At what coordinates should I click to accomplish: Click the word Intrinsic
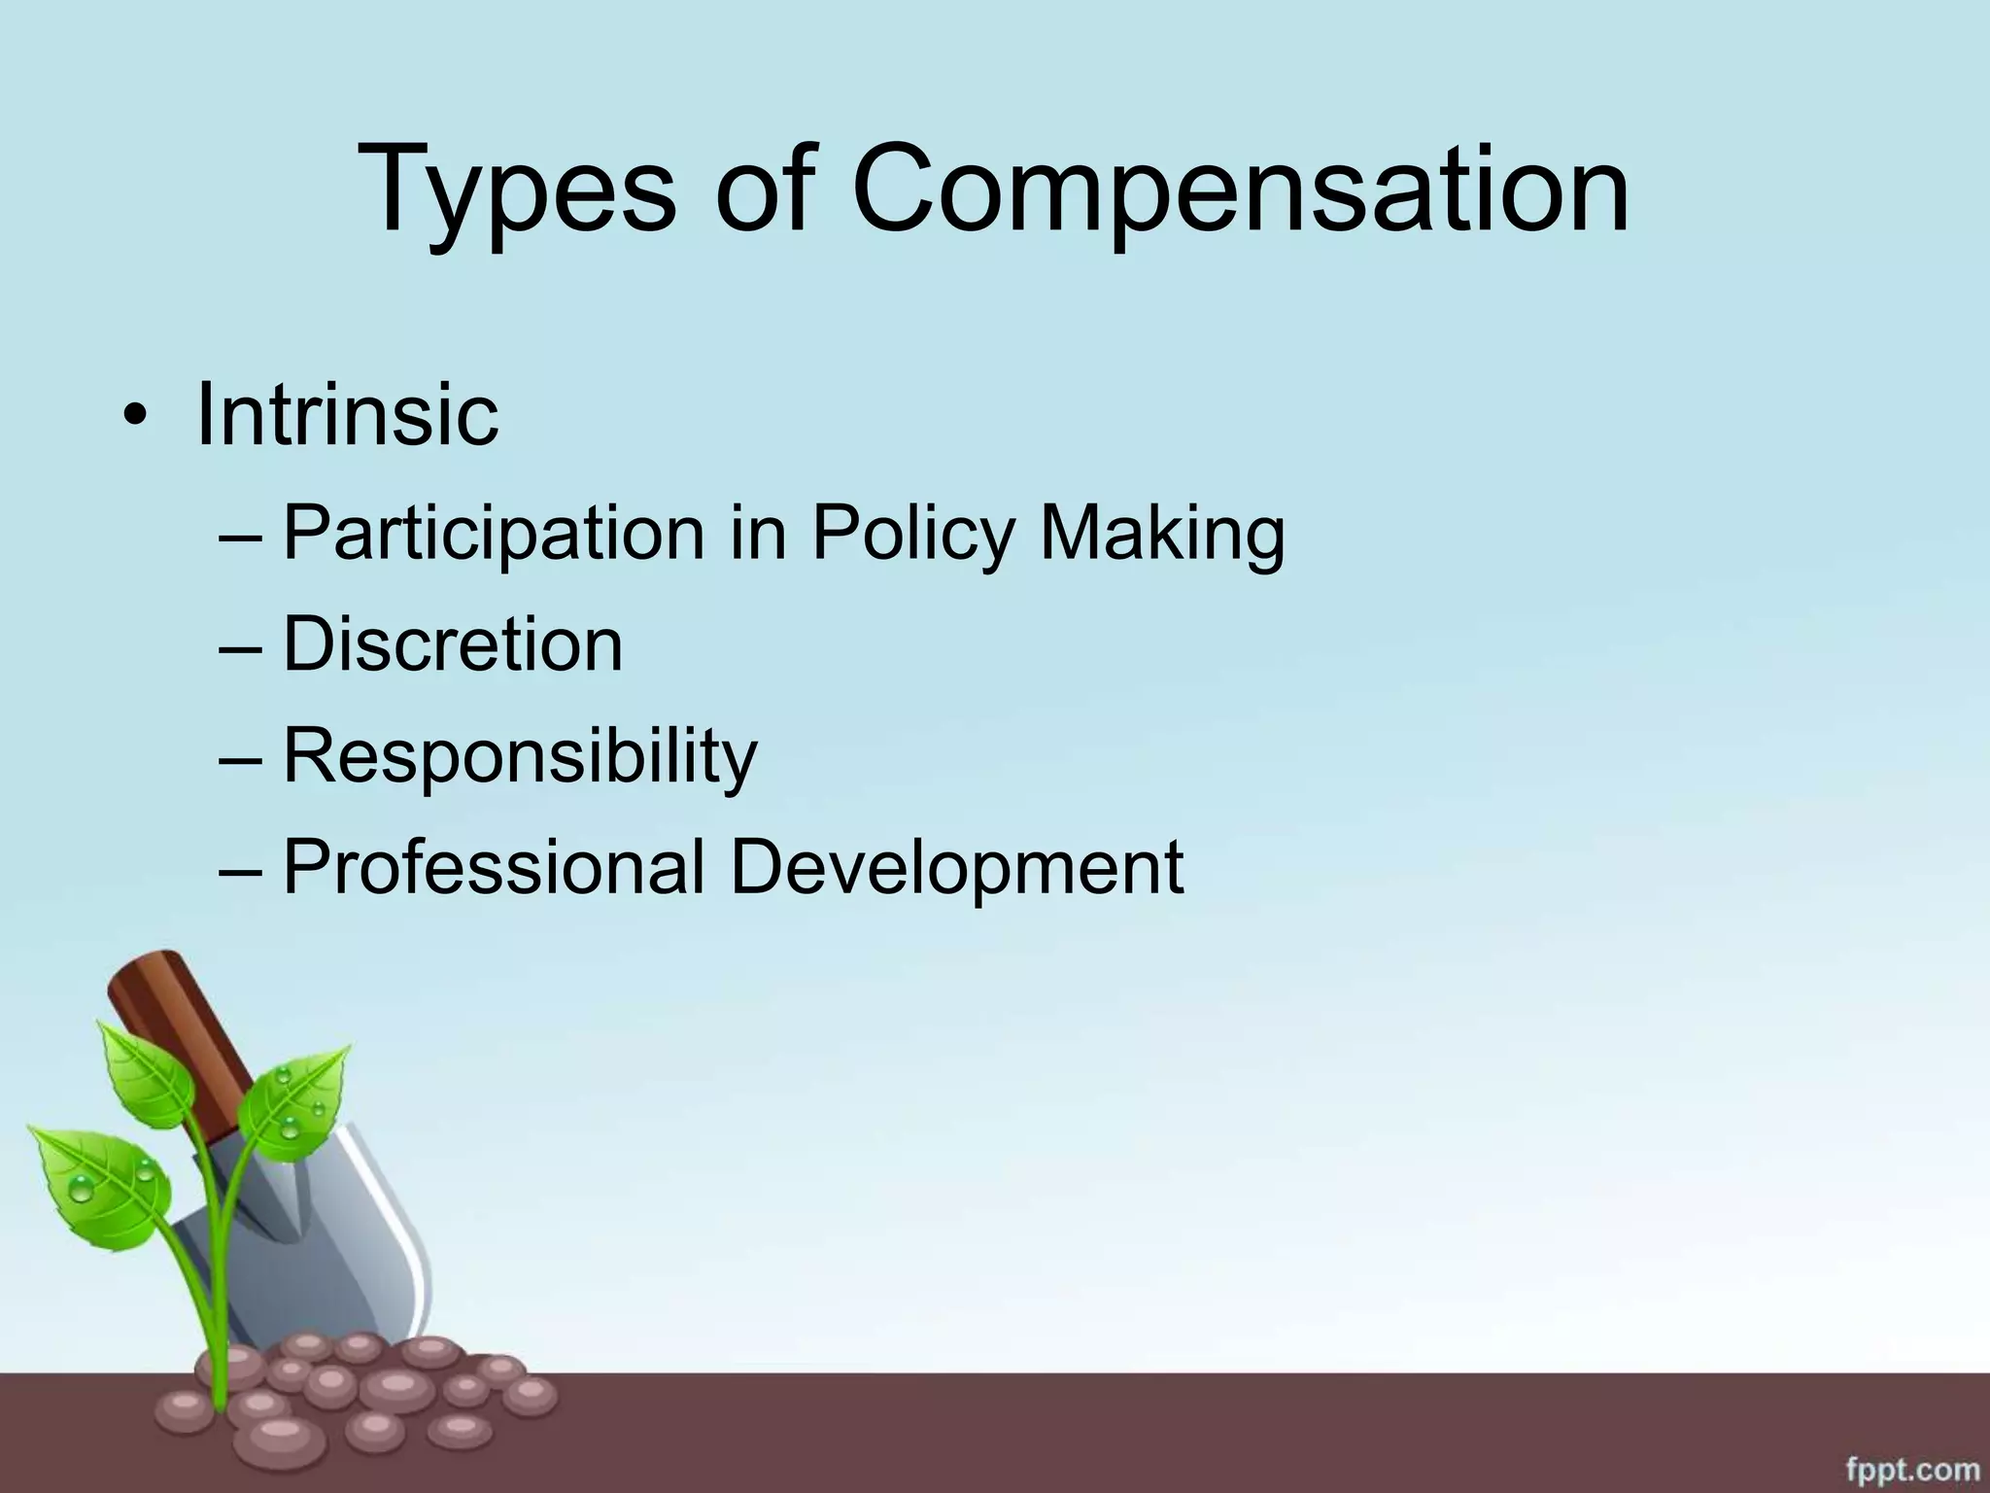click(347, 415)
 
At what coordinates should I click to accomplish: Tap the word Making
click(1162, 535)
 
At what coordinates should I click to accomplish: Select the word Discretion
click(452, 644)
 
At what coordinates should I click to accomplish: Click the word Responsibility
click(520, 757)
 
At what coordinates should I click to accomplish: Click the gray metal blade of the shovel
click(369, 1254)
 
